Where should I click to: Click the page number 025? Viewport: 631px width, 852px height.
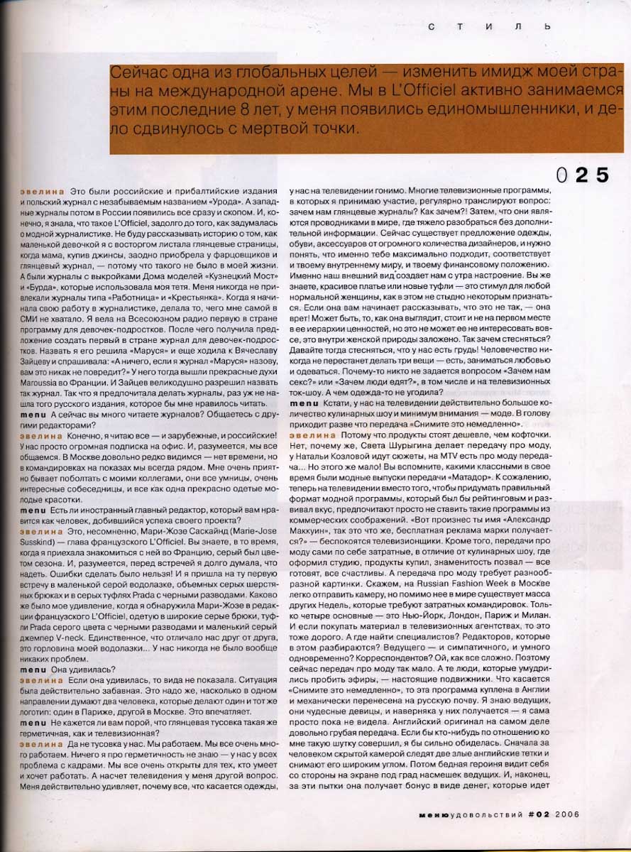click(583, 175)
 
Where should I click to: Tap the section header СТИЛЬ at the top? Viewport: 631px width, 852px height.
click(490, 26)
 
